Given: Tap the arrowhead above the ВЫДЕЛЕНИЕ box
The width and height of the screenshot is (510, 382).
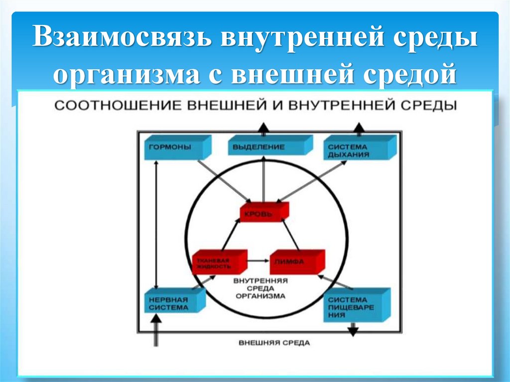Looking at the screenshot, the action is coord(264,128).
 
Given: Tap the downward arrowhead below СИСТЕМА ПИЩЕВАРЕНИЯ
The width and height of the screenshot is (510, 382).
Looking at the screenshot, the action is coord(353,330).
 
